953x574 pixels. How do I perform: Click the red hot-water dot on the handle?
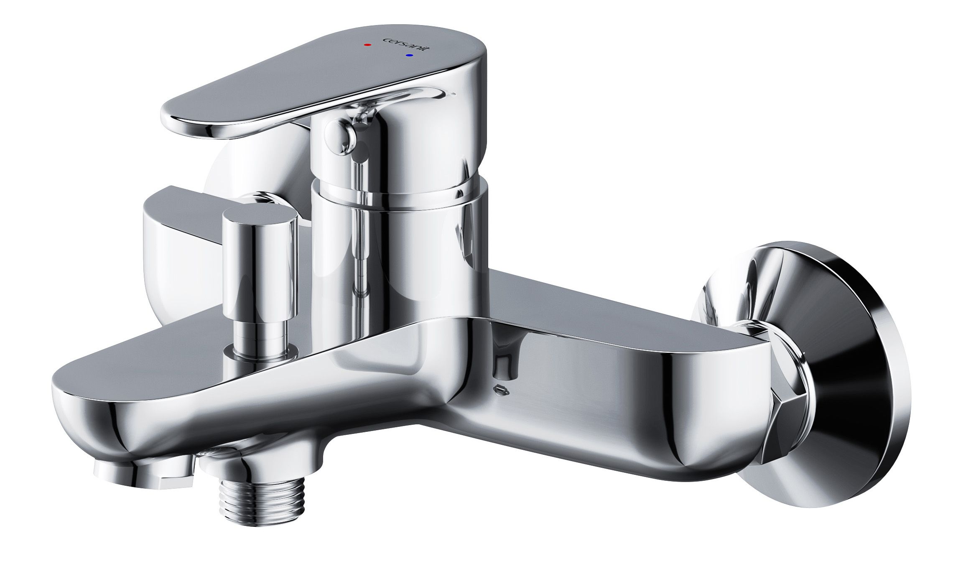pos(367,44)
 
